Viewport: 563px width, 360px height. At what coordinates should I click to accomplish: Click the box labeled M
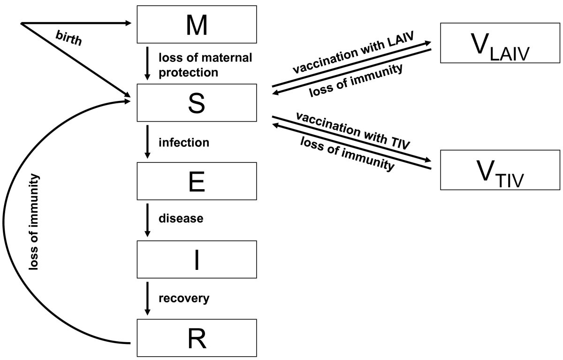pos(197,25)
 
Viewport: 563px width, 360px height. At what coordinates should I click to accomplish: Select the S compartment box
pos(197,103)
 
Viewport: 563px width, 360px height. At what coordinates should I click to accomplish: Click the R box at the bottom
pos(197,338)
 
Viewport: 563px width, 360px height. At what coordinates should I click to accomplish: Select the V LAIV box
pos(500,44)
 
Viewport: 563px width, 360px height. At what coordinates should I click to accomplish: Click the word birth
pos(68,40)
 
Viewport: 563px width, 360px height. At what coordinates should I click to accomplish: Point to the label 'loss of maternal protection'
pos(205,65)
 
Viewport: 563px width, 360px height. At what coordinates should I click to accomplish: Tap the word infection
pos(183,142)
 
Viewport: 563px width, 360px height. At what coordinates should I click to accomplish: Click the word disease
pos(181,219)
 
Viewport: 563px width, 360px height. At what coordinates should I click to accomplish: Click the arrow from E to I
pos(148,219)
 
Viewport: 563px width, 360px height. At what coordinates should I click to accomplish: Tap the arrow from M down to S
pos(148,63)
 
